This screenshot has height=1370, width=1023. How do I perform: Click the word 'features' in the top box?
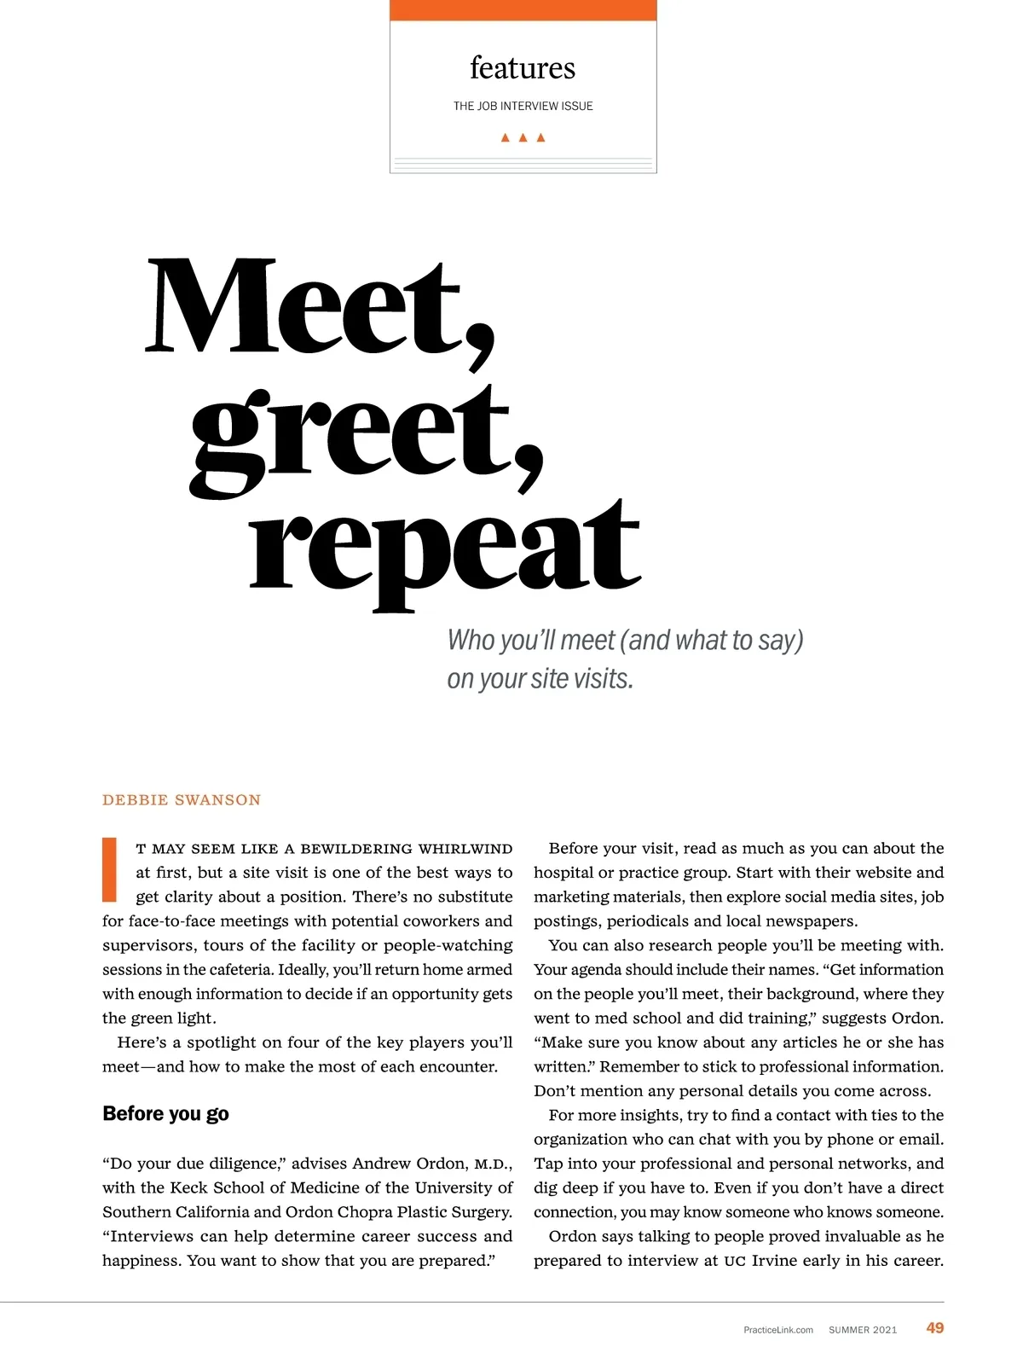(x=523, y=68)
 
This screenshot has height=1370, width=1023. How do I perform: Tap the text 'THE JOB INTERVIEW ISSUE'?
(x=523, y=106)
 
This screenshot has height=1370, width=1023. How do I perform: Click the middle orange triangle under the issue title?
(x=523, y=137)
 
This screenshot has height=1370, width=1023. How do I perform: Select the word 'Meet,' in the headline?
(x=320, y=311)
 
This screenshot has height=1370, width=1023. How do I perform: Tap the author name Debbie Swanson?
(x=182, y=800)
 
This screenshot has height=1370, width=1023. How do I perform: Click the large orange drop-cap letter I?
(x=109, y=869)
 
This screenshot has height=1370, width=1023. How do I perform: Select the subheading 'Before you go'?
(x=165, y=1114)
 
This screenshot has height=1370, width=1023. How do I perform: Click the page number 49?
(x=935, y=1328)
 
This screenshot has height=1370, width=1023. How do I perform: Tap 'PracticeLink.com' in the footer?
(x=778, y=1330)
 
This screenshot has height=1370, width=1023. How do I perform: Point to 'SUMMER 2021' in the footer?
(x=863, y=1330)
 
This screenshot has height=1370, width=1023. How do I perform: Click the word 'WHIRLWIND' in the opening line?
(x=465, y=849)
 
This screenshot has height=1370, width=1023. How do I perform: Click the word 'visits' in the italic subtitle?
(x=603, y=679)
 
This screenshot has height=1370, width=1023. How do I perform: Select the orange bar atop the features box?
(x=523, y=10)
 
